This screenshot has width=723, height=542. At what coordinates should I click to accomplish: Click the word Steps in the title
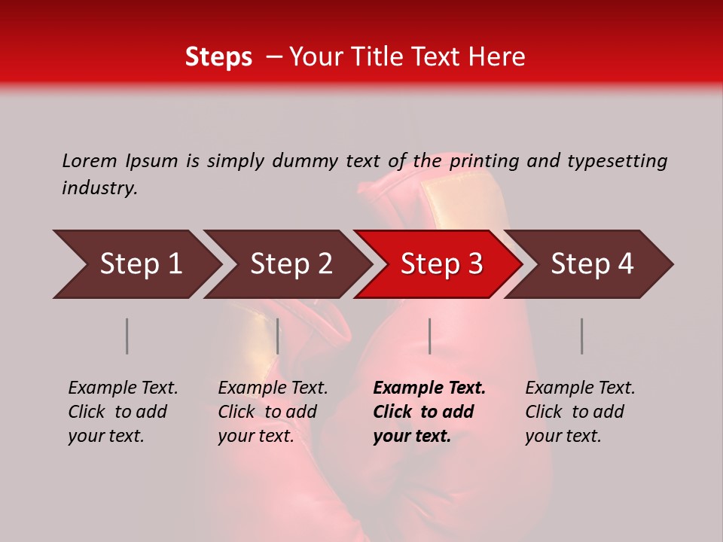(218, 57)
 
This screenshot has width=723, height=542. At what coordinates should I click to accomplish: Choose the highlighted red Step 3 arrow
(441, 264)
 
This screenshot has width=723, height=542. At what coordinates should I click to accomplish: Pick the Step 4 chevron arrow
(592, 264)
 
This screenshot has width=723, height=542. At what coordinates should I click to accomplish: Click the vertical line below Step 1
(127, 336)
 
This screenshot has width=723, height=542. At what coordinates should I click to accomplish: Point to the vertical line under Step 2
(278, 336)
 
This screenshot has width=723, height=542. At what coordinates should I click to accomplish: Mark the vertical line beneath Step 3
(429, 336)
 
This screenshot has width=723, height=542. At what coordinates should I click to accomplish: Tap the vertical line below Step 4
(581, 336)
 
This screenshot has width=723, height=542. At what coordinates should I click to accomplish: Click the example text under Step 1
(123, 412)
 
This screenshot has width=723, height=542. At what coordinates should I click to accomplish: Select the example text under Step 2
(273, 412)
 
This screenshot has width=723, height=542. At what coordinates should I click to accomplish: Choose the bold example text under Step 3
(429, 412)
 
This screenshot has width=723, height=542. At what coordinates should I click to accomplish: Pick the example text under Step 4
(580, 412)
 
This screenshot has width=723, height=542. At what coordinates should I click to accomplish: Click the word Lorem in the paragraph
(90, 160)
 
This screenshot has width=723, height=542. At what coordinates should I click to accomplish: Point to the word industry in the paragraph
(99, 188)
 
